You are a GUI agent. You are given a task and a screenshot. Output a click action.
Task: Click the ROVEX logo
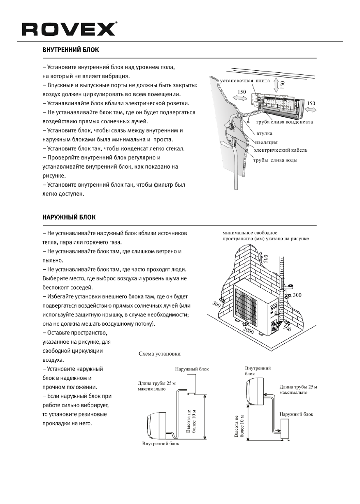(69, 29)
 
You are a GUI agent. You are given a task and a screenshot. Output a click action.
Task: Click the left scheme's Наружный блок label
(191, 369)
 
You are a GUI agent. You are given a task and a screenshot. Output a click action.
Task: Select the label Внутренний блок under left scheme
(160, 444)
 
